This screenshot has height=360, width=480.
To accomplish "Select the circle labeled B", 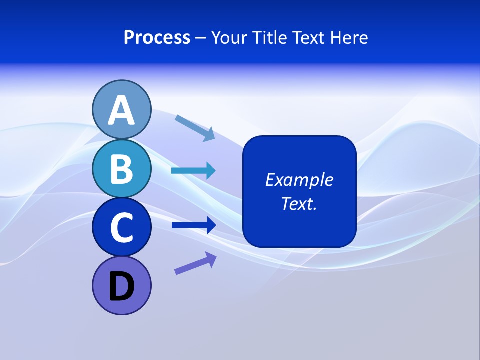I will coord(121,168).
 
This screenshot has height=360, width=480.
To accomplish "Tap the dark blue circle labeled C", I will coord(121,227).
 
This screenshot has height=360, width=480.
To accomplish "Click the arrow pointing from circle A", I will coord(195,127).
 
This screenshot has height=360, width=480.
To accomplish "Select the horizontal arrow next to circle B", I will coord(193,171).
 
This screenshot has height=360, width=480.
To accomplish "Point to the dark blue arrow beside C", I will coord(193,225).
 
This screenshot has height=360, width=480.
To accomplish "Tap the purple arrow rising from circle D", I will coord(195,263).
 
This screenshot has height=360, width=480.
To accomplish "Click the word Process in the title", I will coord(157,38).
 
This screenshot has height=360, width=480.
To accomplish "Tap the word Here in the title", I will coord(350,38).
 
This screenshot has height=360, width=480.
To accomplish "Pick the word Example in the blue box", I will coord(299,180).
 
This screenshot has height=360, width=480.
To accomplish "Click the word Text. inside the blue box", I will coord(299,203).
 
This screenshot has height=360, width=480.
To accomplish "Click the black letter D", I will coord(121,286).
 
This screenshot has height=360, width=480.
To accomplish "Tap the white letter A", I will coord(121,111).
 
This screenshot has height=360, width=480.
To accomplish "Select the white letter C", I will coord(121,228).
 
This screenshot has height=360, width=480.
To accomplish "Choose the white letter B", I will coord(121,169).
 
